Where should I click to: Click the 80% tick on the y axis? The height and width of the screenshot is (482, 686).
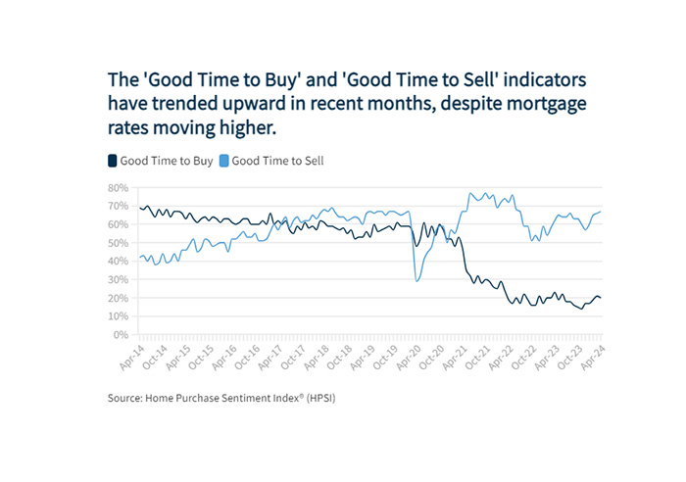coord(118,187)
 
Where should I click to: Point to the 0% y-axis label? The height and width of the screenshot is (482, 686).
coord(121,334)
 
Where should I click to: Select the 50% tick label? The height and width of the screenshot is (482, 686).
coord(118,242)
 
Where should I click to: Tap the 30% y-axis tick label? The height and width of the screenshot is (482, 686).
coord(118,279)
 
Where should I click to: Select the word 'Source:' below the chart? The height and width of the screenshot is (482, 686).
coord(127,400)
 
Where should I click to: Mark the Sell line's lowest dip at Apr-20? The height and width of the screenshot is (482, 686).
coord(417,281)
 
